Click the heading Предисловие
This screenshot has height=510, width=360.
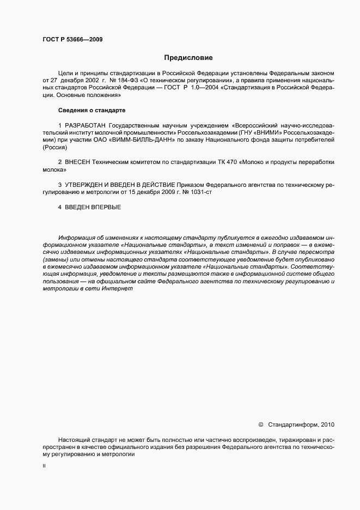(188, 57)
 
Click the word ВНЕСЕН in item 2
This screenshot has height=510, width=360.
(80, 163)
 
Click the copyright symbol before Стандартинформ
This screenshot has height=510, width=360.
(260, 424)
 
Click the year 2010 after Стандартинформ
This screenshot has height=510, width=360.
(328, 424)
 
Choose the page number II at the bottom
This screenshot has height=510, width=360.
(44, 466)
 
